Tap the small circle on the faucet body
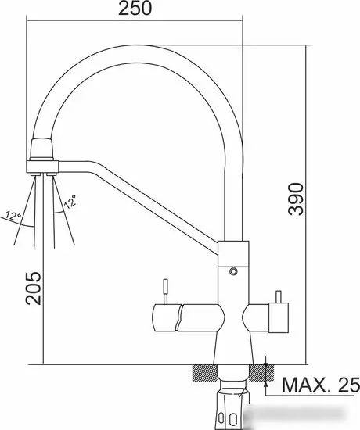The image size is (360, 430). [232, 272]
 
